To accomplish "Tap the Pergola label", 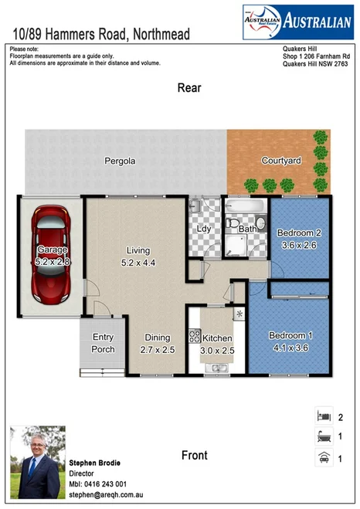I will [x=121, y=161].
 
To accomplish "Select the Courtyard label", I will [x=280, y=161].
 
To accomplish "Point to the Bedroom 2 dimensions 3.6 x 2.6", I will [x=298, y=246].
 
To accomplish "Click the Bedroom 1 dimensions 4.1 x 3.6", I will [x=290, y=348].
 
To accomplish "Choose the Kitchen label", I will [x=217, y=338].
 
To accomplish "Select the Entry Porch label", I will [x=104, y=343].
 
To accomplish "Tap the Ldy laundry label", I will [x=204, y=229].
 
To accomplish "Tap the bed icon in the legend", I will [x=324, y=417].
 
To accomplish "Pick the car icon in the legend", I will [x=324, y=459].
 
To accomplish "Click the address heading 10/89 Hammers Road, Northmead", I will [x=100, y=34].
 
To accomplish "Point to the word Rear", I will [x=189, y=88].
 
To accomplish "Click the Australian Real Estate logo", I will [x=297, y=22].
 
